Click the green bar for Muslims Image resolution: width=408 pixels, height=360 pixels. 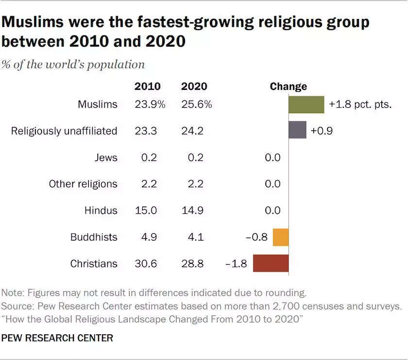pos(306,104)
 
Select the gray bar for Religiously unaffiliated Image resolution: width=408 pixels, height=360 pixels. pos(297,130)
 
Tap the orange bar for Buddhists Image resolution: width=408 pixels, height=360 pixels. pos(281,237)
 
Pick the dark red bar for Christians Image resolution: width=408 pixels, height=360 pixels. pos(271,263)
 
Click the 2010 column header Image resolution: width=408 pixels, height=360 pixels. pos(147,86)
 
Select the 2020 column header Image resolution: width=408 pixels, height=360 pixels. pos(194,86)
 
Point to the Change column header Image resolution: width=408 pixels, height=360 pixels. pos(289,86)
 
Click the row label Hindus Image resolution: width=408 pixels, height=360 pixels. pos(101,210)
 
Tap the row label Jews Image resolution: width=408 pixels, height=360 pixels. pos(106,157)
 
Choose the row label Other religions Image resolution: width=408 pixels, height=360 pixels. pos(83,184)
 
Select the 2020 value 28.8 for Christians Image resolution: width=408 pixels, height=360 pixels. pos(193,264)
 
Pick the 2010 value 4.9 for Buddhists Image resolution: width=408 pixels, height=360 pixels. pos(147,237)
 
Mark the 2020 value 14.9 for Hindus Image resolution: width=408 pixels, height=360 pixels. pos(193,210)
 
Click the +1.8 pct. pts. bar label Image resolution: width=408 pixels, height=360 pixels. pos(360,104)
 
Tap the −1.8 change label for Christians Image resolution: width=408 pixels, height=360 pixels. pos(237,264)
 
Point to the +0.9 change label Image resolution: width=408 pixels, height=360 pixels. pos(321,131)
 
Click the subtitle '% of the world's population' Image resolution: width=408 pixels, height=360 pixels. pos(73,65)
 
